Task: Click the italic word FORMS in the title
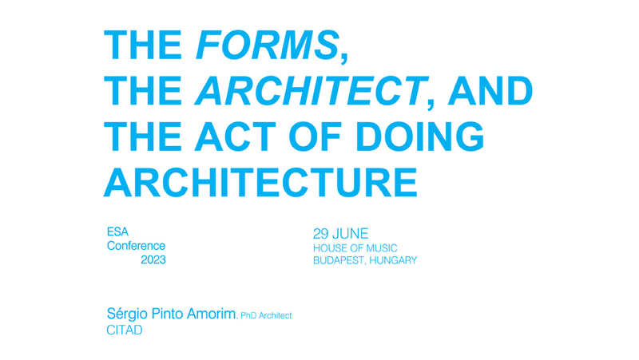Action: coord(268,45)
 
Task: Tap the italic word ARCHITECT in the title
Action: coord(312,90)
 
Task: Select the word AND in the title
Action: coord(490,90)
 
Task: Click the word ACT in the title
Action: coord(236,136)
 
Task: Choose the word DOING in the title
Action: coord(420,136)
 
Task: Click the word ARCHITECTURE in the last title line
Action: coord(261,182)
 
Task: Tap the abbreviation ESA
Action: coord(117,231)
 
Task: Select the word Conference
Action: coord(136,246)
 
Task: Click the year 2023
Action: coord(153,259)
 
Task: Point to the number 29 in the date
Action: coord(321,234)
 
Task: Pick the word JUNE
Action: coord(351,234)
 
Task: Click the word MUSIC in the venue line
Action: coord(382,248)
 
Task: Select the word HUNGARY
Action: coord(393,260)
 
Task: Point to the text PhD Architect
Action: coord(266,315)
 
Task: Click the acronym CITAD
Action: coord(125,330)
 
